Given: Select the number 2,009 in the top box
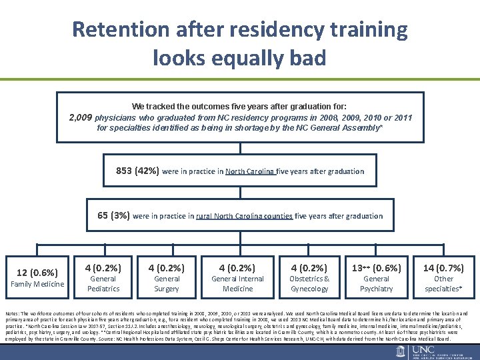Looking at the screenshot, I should [x=81, y=117].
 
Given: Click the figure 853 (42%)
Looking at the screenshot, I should [x=137, y=171].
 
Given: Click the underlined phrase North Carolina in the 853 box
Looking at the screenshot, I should [x=250, y=171].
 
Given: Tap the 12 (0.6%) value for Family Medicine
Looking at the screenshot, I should [x=37, y=272].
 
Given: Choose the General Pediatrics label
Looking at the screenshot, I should [x=103, y=284].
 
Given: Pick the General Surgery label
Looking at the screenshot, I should [x=167, y=284].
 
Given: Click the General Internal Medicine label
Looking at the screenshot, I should [x=237, y=284].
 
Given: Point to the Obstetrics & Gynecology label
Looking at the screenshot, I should [x=309, y=284].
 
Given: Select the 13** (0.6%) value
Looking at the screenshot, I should [x=376, y=268].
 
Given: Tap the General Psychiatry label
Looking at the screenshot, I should [x=376, y=284].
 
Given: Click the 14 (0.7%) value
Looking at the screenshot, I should [x=443, y=268].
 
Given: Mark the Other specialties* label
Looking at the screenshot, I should [x=443, y=284].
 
